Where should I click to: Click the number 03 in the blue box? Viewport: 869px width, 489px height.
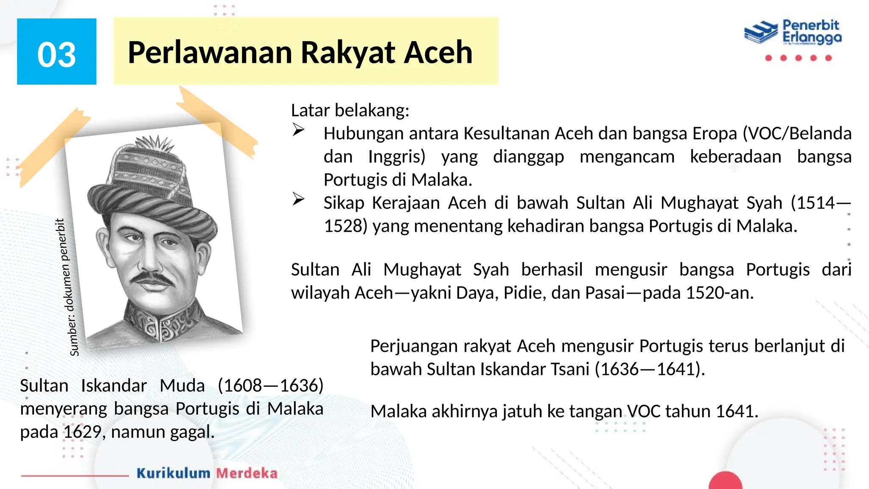(x=56, y=55)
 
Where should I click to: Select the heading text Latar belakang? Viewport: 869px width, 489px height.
(x=350, y=110)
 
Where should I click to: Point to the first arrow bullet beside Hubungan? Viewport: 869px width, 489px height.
(x=298, y=130)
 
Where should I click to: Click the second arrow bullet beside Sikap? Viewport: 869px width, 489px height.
(x=298, y=199)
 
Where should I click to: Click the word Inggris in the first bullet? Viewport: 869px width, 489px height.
(x=396, y=157)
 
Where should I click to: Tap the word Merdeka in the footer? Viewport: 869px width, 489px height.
(x=247, y=473)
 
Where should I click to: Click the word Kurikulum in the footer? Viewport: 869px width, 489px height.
(x=173, y=473)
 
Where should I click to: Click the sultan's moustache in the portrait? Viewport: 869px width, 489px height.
(x=151, y=278)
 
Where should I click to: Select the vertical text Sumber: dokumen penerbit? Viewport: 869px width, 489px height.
(x=68, y=287)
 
